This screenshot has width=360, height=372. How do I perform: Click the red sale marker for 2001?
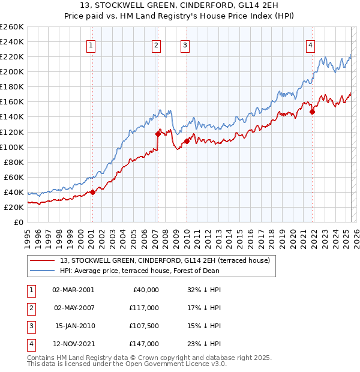click(x=92, y=192)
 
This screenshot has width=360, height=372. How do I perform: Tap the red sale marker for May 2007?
click(x=158, y=134)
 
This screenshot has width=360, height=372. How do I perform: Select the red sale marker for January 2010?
click(x=187, y=141)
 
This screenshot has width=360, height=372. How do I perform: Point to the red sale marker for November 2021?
click(x=313, y=111)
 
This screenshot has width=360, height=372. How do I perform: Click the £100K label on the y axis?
click(x=12, y=147)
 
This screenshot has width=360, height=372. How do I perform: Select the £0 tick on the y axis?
click(x=18, y=223)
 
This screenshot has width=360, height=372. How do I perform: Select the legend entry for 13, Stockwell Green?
click(x=166, y=260)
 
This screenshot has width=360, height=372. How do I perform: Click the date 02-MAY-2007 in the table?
click(x=73, y=308)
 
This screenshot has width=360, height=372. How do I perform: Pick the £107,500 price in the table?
click(x=144, y=326)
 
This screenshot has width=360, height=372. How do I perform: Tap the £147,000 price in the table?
click(x=144, y=344)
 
